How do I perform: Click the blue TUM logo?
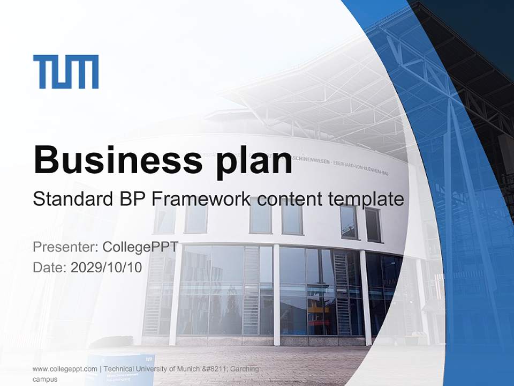click(65, 71)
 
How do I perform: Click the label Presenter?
click(65, 247)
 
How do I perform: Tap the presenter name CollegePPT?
click(140, 247)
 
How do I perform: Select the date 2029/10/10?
click(107, 267)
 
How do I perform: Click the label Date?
click(50, 267)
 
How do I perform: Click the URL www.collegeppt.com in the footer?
click(65, 369)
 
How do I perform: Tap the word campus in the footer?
click(45, 379)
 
